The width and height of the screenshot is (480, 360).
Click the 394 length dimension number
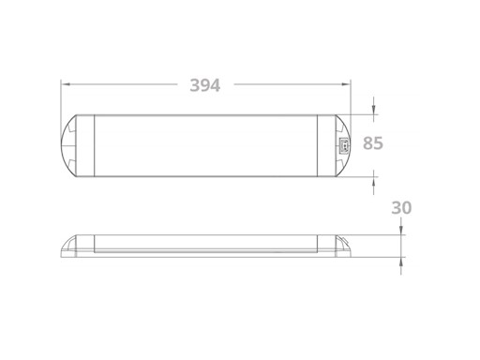tap(204, 85)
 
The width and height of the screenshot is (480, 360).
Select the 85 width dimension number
tap(373, 143)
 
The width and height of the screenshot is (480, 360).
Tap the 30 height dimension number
tap(401, 207)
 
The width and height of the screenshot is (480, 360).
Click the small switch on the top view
tap(342, 144)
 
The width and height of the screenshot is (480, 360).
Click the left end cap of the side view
tap(78, 245)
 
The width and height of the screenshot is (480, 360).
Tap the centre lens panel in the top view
tap(205, 144)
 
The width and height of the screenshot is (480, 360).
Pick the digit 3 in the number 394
tap(193, 85)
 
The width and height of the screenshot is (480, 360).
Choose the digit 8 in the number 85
tap(367, 143)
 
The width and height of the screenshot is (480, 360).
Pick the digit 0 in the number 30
tap(407, 207)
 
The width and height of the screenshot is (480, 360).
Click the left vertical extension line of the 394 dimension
tap(61, 98)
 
